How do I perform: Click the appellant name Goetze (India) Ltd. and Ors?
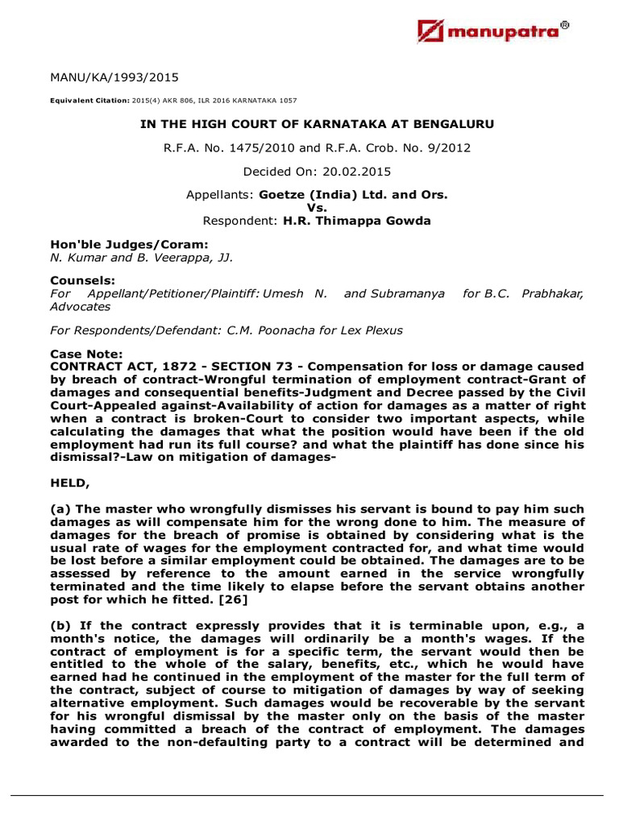(353, 196)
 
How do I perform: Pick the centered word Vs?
(309, 208)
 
